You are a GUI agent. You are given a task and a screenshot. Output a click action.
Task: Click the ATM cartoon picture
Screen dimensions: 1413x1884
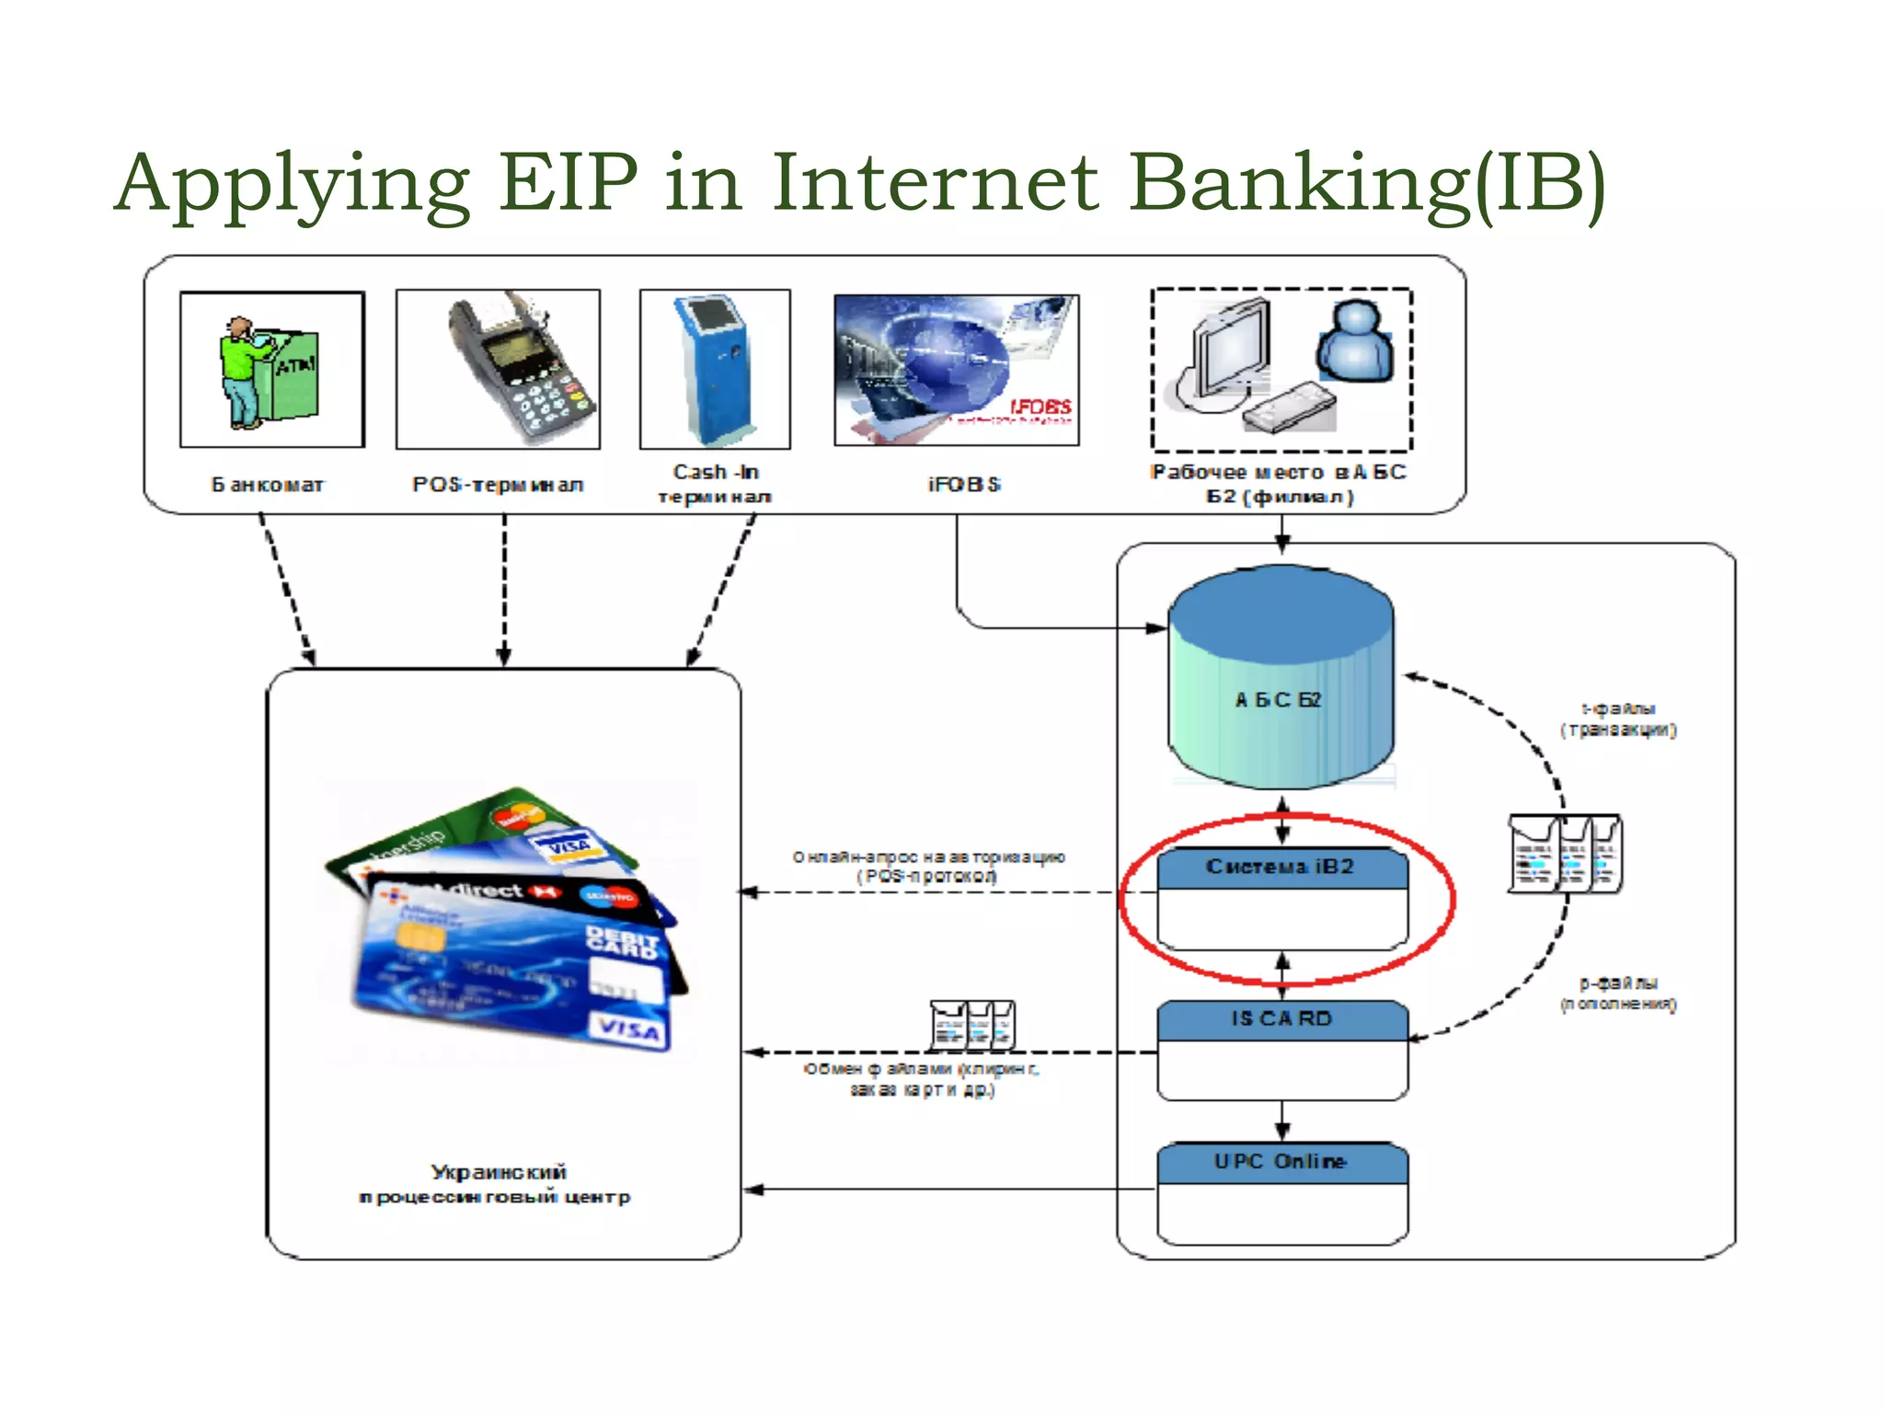pos(271,370)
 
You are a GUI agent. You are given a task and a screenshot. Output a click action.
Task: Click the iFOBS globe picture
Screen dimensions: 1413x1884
pos(956,370)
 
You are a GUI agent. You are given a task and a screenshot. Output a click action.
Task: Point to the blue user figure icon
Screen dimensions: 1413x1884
pos(1354,342)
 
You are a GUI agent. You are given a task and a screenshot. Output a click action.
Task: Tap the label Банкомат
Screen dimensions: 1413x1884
pos(268,485)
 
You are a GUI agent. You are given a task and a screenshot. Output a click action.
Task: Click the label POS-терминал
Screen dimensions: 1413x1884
pos(498,485)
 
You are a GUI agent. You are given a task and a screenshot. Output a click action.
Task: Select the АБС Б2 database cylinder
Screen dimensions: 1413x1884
pos(1281,681)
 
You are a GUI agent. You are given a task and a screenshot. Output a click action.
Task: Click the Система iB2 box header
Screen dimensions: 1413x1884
pos(1281,867)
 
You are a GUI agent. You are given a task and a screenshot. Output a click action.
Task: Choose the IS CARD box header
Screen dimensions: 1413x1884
pos(1281,1019)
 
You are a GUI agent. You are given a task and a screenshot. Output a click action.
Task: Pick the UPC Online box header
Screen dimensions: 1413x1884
pos(1281,1162)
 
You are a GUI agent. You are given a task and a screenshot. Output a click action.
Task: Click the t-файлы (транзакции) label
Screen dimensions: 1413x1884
pos(1618,719)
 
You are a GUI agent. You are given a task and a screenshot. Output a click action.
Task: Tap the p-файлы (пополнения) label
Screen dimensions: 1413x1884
pos(1618,994)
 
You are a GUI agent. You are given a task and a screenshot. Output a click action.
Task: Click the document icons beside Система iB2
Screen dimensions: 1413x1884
pos(1565,854)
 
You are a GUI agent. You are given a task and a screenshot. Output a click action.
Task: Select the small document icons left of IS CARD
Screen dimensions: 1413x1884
pos(972,1025)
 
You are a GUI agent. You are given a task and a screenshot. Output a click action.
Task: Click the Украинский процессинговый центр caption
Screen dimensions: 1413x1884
pos(497,1185)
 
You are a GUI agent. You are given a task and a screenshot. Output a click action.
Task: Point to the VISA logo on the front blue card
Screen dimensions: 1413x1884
pos(630,1030)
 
